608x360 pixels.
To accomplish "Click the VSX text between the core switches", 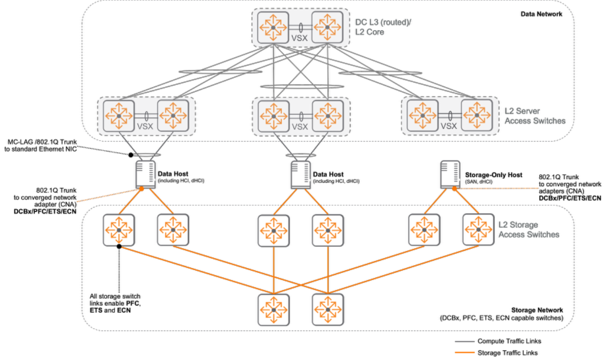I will coord(300,36).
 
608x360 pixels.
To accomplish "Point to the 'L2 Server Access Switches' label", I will coord(535,116).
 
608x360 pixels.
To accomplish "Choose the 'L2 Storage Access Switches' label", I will coord(529,230).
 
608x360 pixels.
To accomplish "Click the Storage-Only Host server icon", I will coord(449,174).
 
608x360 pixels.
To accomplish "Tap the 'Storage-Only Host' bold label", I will coord(494,175).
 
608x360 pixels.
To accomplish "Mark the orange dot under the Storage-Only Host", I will coord(454,189).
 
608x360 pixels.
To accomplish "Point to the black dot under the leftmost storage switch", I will coord(120,246).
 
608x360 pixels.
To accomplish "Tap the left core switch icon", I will coord(273,27).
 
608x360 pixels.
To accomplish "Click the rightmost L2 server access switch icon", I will coord(477,115).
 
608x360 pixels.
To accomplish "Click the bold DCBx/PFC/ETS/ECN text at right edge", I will coord(570,198).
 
